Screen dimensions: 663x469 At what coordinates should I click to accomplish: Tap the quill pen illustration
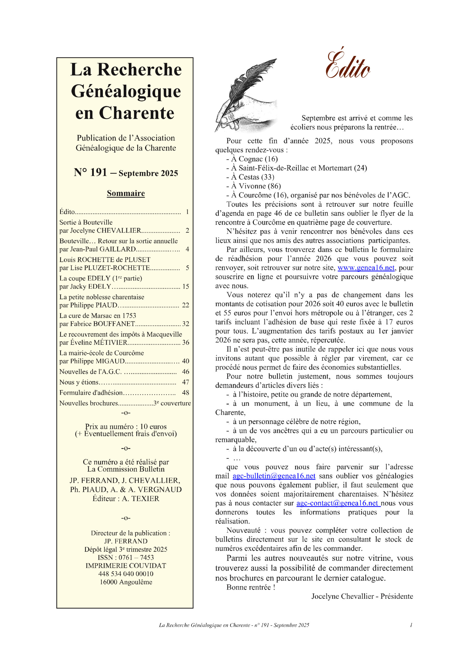(x=246, y=95)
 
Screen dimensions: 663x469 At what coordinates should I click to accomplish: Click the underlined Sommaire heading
(x=126, y=193)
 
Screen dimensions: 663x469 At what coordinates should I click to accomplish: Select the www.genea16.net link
(x=366, y=268)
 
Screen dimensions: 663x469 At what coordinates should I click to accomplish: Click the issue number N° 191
(x=90, y=172)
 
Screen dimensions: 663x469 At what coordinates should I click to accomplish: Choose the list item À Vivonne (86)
(x=256, y=186)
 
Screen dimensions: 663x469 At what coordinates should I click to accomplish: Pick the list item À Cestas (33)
(x=253, y=177)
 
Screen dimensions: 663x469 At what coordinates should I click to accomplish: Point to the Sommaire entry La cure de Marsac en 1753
(x=98, y=315)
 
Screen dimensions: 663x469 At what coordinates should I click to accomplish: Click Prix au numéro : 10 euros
(x=126, y=427)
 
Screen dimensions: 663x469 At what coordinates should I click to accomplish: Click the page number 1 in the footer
(x=411, y=625)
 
